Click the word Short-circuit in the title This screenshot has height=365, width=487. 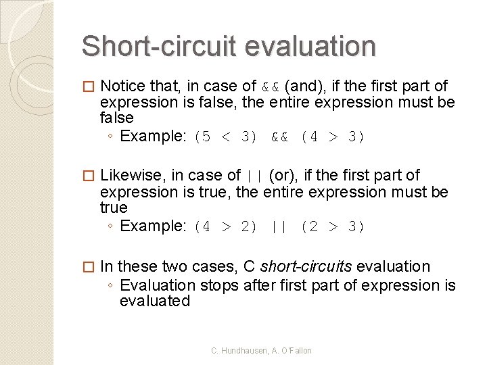click(x=158, y=47)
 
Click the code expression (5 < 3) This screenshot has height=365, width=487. click(x=226, y=137)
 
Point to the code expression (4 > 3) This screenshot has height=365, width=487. click(x=333, y=137)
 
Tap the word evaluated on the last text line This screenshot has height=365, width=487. click(x=155, y=301)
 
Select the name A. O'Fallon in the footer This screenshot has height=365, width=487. click(x=289, y=351)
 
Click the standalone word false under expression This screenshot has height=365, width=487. click(x=116, y=118)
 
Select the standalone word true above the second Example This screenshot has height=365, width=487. click(x=114, y=208)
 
